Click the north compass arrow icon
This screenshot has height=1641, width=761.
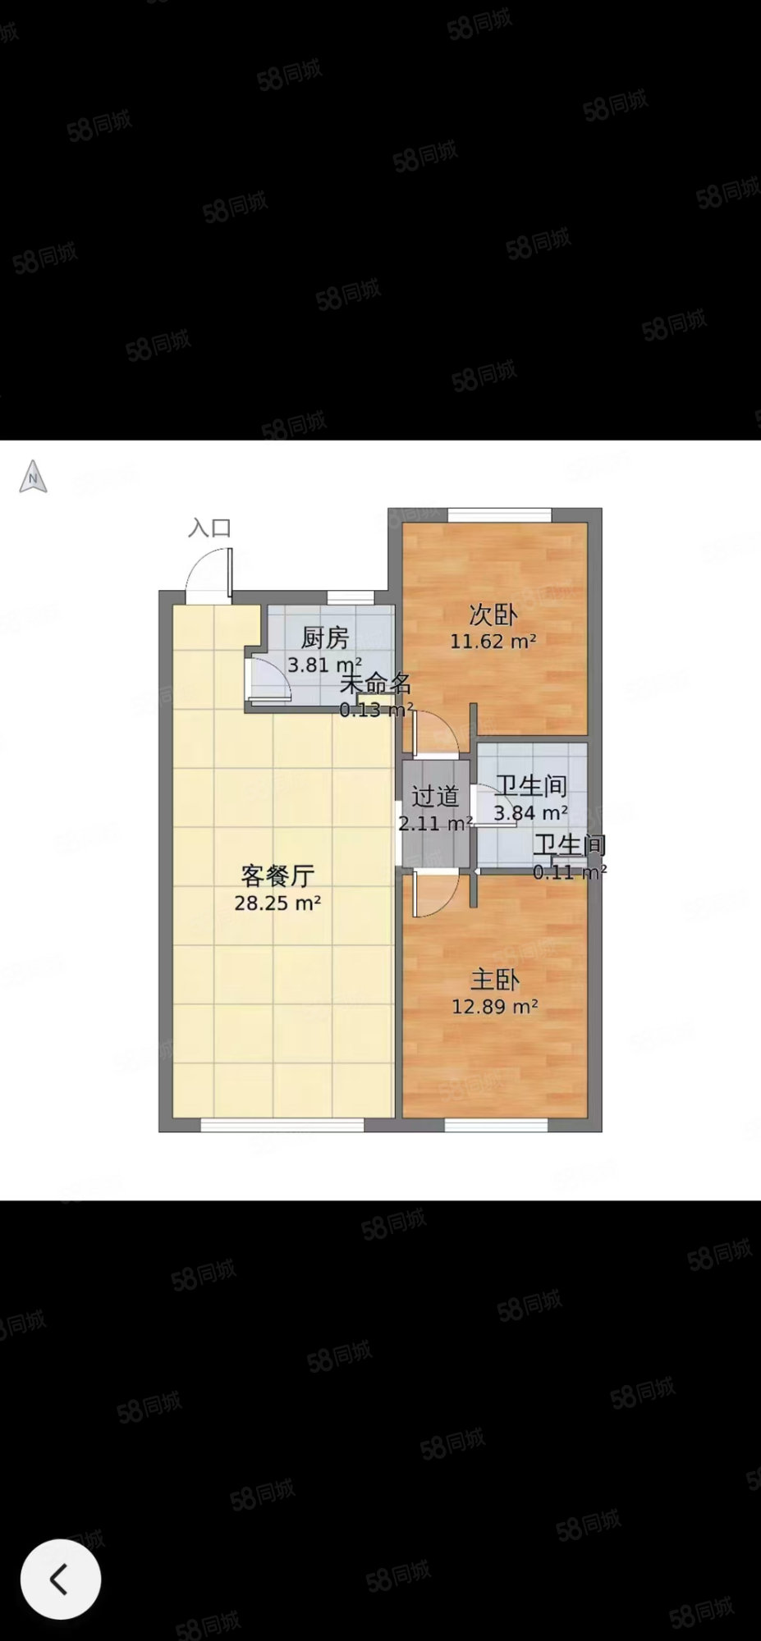pyautogui.click(x=33, y=477)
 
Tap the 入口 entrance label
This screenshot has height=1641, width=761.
pyautogui.click(x=209, y=528)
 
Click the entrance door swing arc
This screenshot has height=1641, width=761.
pyautogui.click(x=208, y=571)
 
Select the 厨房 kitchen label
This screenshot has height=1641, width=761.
pyautogui.click(x=325, y=637)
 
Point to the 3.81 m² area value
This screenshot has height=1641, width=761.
pyautogui.click(x=324, y=665)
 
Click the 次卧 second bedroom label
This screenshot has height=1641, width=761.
pyautogui.click(x=493, y=615)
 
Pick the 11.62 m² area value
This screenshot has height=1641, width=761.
pyautogui.click(x=493, y=642)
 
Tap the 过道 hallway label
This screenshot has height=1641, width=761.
pyautogui.click(x=434, y=797)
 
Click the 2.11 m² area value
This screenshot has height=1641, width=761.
pyautogui.click(x=435, y=823)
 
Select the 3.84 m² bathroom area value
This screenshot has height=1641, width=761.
pyautogui.click(x=530, y=813)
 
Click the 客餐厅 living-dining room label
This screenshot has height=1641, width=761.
pyautogui.click(x=277, y=875)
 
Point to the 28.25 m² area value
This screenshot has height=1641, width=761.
pyautogui.click(x=277, y=903)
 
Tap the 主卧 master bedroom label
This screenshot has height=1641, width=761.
pyautogui.click(x=494, y=979)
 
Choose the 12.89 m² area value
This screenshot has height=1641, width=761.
pyautogui.click(x=494, y=1006)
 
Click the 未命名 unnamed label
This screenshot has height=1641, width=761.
pyautogui.click(x=376, y=683)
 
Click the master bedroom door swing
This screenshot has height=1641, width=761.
pyautogui.click(x=434, y=894)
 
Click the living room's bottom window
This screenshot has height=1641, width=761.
pyautogui.click(x=282, y=1125)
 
